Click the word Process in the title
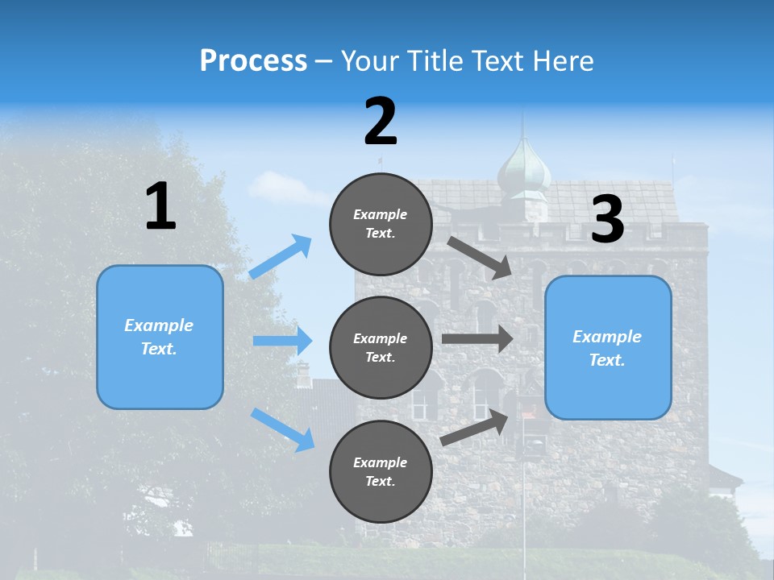[253, 60]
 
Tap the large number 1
[160, 206]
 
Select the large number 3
[607, 219]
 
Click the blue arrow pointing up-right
[281, 256]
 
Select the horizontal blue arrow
[282, 341]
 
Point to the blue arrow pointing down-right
[282, 429]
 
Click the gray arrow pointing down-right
[481, 257]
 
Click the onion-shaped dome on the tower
[523, 170]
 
